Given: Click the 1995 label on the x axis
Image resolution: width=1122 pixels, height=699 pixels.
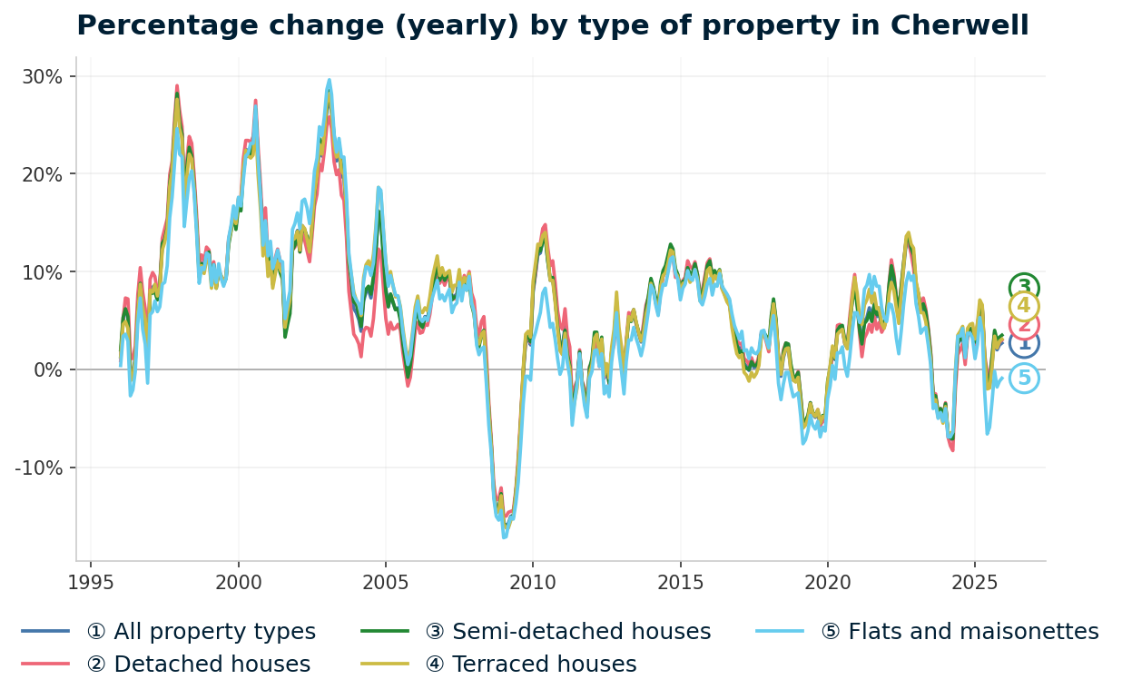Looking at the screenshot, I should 91,582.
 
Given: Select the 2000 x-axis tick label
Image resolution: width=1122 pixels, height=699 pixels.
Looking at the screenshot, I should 238,582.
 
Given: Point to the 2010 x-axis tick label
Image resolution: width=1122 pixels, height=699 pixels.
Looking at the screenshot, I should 532,582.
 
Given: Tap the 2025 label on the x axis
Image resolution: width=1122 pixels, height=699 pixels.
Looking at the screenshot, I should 974,582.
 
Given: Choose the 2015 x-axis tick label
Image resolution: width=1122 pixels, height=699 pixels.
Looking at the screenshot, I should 680,582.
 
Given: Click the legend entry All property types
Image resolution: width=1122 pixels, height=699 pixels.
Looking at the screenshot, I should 201,632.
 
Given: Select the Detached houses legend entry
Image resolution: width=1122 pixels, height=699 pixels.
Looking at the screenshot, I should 198,665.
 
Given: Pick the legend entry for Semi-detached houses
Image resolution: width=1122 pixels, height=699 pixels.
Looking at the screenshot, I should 567,632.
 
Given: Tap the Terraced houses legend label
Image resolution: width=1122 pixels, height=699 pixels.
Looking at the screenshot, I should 530,665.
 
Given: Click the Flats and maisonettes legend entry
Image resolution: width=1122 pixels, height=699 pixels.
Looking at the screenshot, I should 960,632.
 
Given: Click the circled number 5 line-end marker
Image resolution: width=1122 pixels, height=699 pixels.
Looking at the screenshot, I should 1024,378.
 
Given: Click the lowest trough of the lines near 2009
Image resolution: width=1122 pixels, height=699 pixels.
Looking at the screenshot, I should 505,537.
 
